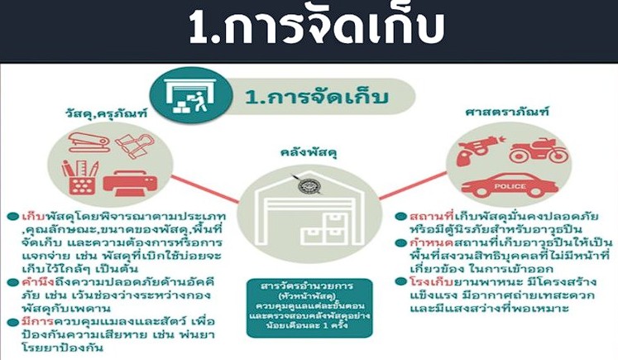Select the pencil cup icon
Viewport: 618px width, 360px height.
pyautogui.click(x=79, y=175)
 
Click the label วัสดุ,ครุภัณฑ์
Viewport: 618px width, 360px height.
pyautogui.click(x=93, y=112)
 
